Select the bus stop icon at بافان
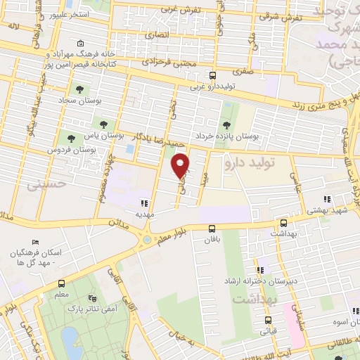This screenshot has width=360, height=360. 212,228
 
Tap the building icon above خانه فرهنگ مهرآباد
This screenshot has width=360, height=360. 82,43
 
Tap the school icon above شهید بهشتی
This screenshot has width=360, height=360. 326,199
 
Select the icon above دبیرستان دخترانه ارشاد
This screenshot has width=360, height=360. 260,269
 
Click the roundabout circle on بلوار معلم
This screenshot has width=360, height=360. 146,239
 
